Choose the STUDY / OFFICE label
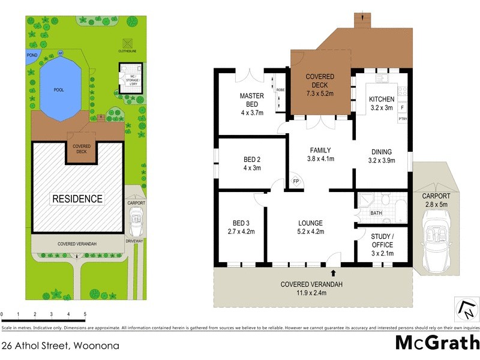click(382, 241)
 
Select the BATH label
click(376, 213)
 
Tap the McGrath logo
click(437, 342)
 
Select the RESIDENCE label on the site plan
click(76, 199)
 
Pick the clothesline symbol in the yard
click(127, 44)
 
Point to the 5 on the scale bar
click(85, 314)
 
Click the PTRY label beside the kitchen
click(403, 119)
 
